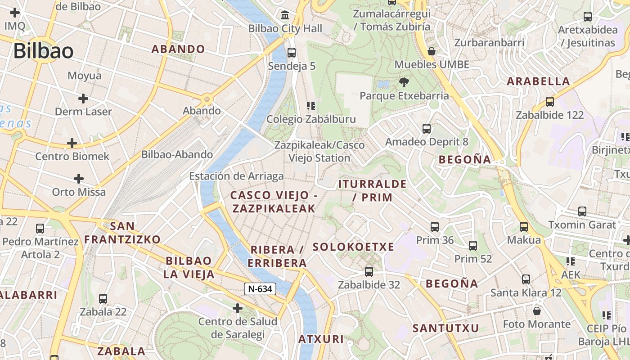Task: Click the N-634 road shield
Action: (x=260, y=289)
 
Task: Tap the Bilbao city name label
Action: (x=43, y=51)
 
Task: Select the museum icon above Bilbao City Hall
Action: (x=285, y=16)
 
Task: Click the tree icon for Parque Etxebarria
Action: (x=404, y=82)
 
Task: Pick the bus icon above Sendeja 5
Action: (x=292, y=52)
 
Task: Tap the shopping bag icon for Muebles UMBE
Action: (x=432, y=51)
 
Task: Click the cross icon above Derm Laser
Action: (x=83, y=98)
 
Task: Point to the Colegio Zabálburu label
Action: (x=311, y=119)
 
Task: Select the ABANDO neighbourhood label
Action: (x=178, y=49)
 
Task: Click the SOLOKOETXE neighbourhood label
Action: (x=353, y=247)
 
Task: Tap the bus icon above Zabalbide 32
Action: (x=369, y=271)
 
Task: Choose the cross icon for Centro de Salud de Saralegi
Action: (x=238, y=308)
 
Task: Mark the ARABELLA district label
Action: (x=538, y=81)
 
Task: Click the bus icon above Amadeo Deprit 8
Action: (x=427, y=129)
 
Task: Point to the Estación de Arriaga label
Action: (x=236, y=176)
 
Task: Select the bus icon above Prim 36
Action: (x=435, y=226)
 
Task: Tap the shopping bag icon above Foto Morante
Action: (x=536, y=311)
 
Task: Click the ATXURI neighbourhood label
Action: (x=321, y=339)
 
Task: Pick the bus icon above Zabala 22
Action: (x=103, y=298)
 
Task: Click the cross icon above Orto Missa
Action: (x=79, y=179)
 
